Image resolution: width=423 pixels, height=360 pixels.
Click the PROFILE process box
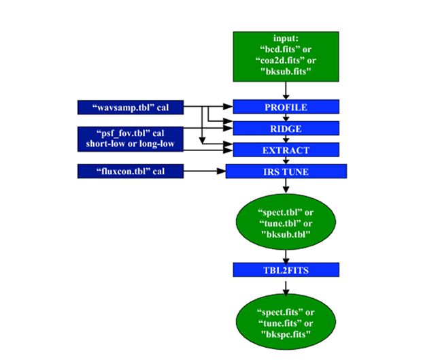coord(286,108)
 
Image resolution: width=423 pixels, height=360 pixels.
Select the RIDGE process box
coord(286,128)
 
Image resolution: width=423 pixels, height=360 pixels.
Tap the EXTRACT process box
coord(286,149)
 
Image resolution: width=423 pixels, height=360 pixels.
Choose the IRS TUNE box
coord(286,171)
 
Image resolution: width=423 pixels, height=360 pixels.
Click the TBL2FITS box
coord(286,270)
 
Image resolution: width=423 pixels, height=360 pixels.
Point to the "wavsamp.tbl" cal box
coord(131,107)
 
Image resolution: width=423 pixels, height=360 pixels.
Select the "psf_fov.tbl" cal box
coord(131,138)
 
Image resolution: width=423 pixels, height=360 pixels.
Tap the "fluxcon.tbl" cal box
coord(131,171)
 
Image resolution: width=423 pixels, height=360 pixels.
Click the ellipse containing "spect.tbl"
coord(286,221)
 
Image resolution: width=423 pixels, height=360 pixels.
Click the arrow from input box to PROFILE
coord(286,91)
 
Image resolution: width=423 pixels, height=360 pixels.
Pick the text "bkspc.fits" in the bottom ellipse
coord(286,336)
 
